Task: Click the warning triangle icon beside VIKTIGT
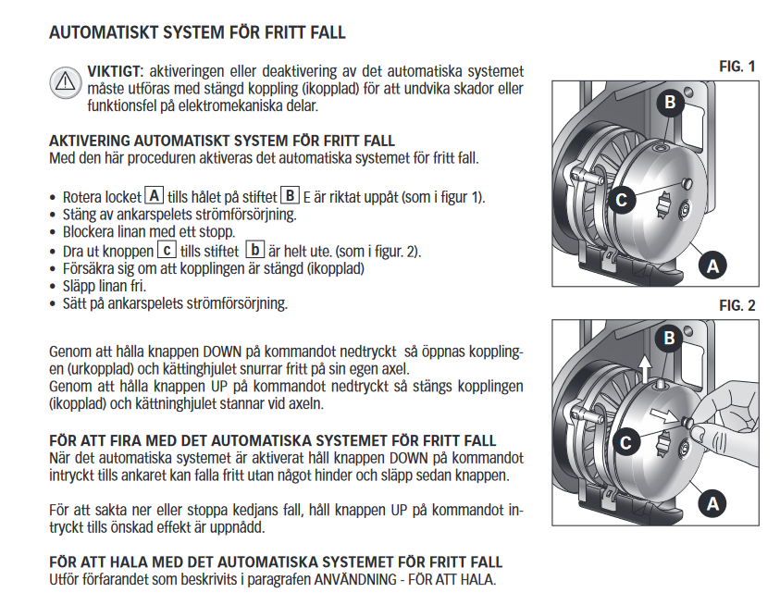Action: [65, 81]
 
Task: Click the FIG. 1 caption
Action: [737, 67]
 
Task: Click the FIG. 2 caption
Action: [737, 305]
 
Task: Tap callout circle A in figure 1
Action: [712, 265]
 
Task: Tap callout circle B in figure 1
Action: [670, 103]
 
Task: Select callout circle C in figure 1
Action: [624, 198]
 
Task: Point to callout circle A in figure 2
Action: [712, 504]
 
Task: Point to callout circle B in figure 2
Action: [670, 340]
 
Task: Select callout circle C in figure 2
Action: [625, 442]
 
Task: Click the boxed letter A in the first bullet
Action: [155, 196]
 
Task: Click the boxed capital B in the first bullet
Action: [290, 196]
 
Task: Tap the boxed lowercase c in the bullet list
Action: [166, 250]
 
